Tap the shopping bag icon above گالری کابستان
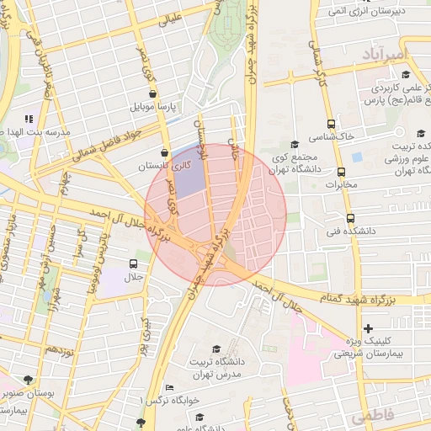click(175, 152)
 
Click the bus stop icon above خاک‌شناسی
click(330, 123)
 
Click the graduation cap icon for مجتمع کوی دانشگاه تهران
click(294, 144)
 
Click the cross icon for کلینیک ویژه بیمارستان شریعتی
click(367, 327)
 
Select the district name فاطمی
click(373, 417)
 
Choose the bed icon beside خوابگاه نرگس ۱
click(170, 388)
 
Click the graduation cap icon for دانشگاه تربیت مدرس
click(215, 349)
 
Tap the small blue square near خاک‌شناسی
click(357, 157)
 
